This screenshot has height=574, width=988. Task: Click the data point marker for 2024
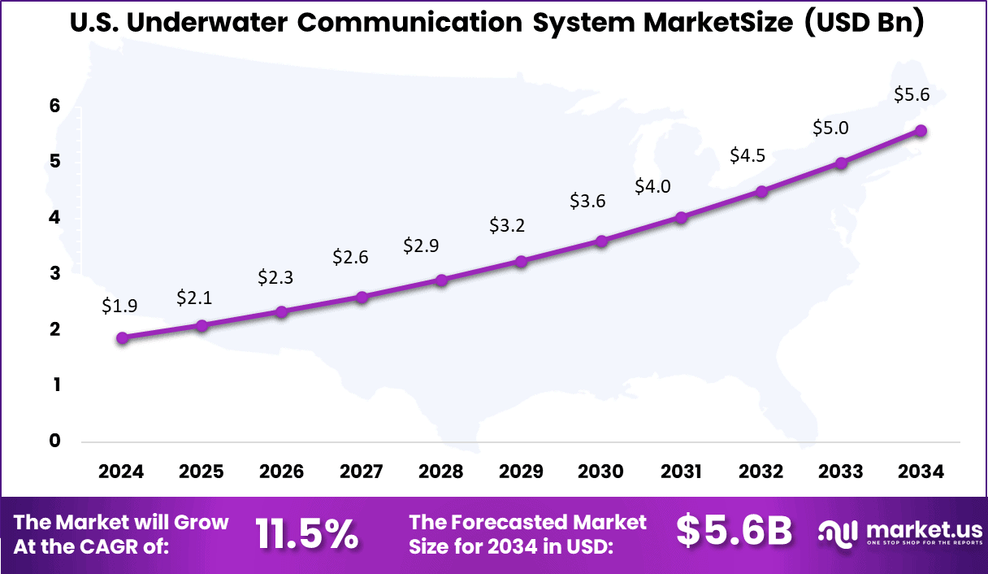pos(122,338)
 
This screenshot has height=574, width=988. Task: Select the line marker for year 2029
pos(522,262)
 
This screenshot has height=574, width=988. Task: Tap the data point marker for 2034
pos(921,131)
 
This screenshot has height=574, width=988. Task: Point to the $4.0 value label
pos(652,187)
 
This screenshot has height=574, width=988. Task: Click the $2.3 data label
pos(275,277)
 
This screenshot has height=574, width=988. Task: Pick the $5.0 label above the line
pos(830,128)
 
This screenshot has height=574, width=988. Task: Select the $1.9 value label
pos(119,306)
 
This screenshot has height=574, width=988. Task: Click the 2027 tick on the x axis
pos(362,472)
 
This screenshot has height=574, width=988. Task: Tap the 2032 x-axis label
pos(761,472)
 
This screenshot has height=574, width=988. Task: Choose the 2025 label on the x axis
pos(201,472)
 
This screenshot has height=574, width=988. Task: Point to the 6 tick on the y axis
pos(54,106)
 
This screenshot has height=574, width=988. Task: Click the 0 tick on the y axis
pos(54,441)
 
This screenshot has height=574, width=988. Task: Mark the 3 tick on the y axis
pos(54,273)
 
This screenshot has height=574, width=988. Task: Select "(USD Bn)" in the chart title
pos(864,23)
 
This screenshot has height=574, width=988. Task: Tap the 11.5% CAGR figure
pos(307,533)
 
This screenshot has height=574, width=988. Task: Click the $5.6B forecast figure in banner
pos(734,532)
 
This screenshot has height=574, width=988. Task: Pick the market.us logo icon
pos(838,533)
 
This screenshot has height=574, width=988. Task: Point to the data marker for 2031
pos(681,218)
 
